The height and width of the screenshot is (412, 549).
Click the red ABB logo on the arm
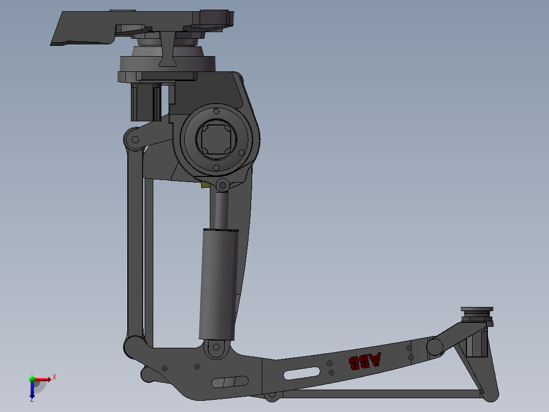click(364, 361)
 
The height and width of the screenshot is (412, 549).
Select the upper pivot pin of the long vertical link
click(134, 140)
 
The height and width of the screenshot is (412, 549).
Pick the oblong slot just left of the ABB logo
click(302, 373)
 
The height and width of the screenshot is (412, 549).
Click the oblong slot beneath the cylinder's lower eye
click(229, 381)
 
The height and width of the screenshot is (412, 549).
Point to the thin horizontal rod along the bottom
click(377, 394)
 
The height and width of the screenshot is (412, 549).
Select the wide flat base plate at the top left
click(87, 28)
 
